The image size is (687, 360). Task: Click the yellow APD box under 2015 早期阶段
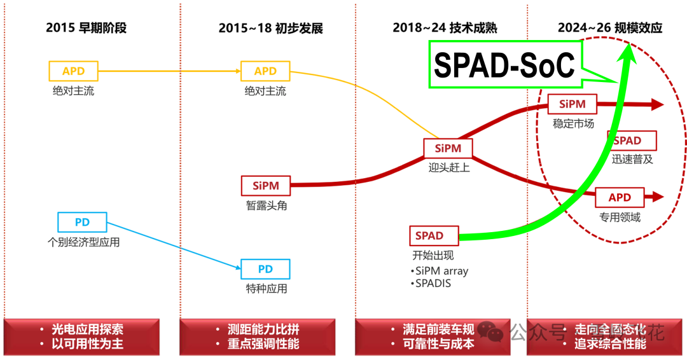pyautogui.click(x=73, y=71)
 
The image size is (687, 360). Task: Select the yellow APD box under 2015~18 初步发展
pyautogui.click(x=265, y=71)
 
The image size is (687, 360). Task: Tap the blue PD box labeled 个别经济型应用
pyautogui.click(x=82, y=222)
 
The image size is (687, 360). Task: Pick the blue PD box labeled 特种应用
pyautogui.click(x=265, y=268)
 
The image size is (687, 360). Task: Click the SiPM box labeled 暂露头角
pyautogui.click(x=265, y=186)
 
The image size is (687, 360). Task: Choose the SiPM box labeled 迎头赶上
pyautogui.click(x=448, y=148)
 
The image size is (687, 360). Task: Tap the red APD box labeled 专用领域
pyautogui.click(x=620, y=197)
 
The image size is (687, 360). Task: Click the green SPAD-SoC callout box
pyautogui.click(x=505, y=65)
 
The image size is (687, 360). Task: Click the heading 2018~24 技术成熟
pyautogui.click(x=445, y=28)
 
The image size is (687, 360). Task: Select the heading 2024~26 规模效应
pyautogui.click(x=610, y=28)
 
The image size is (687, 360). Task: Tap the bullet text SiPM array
pyautogui.click(x=441, y=271)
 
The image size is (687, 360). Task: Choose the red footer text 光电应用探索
pyautogui.click(x=88, y=329)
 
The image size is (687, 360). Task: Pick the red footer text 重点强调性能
pyautogui.click(x=263, y=344)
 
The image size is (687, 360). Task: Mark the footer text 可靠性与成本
pyautogui.click(x=438, y=344)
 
